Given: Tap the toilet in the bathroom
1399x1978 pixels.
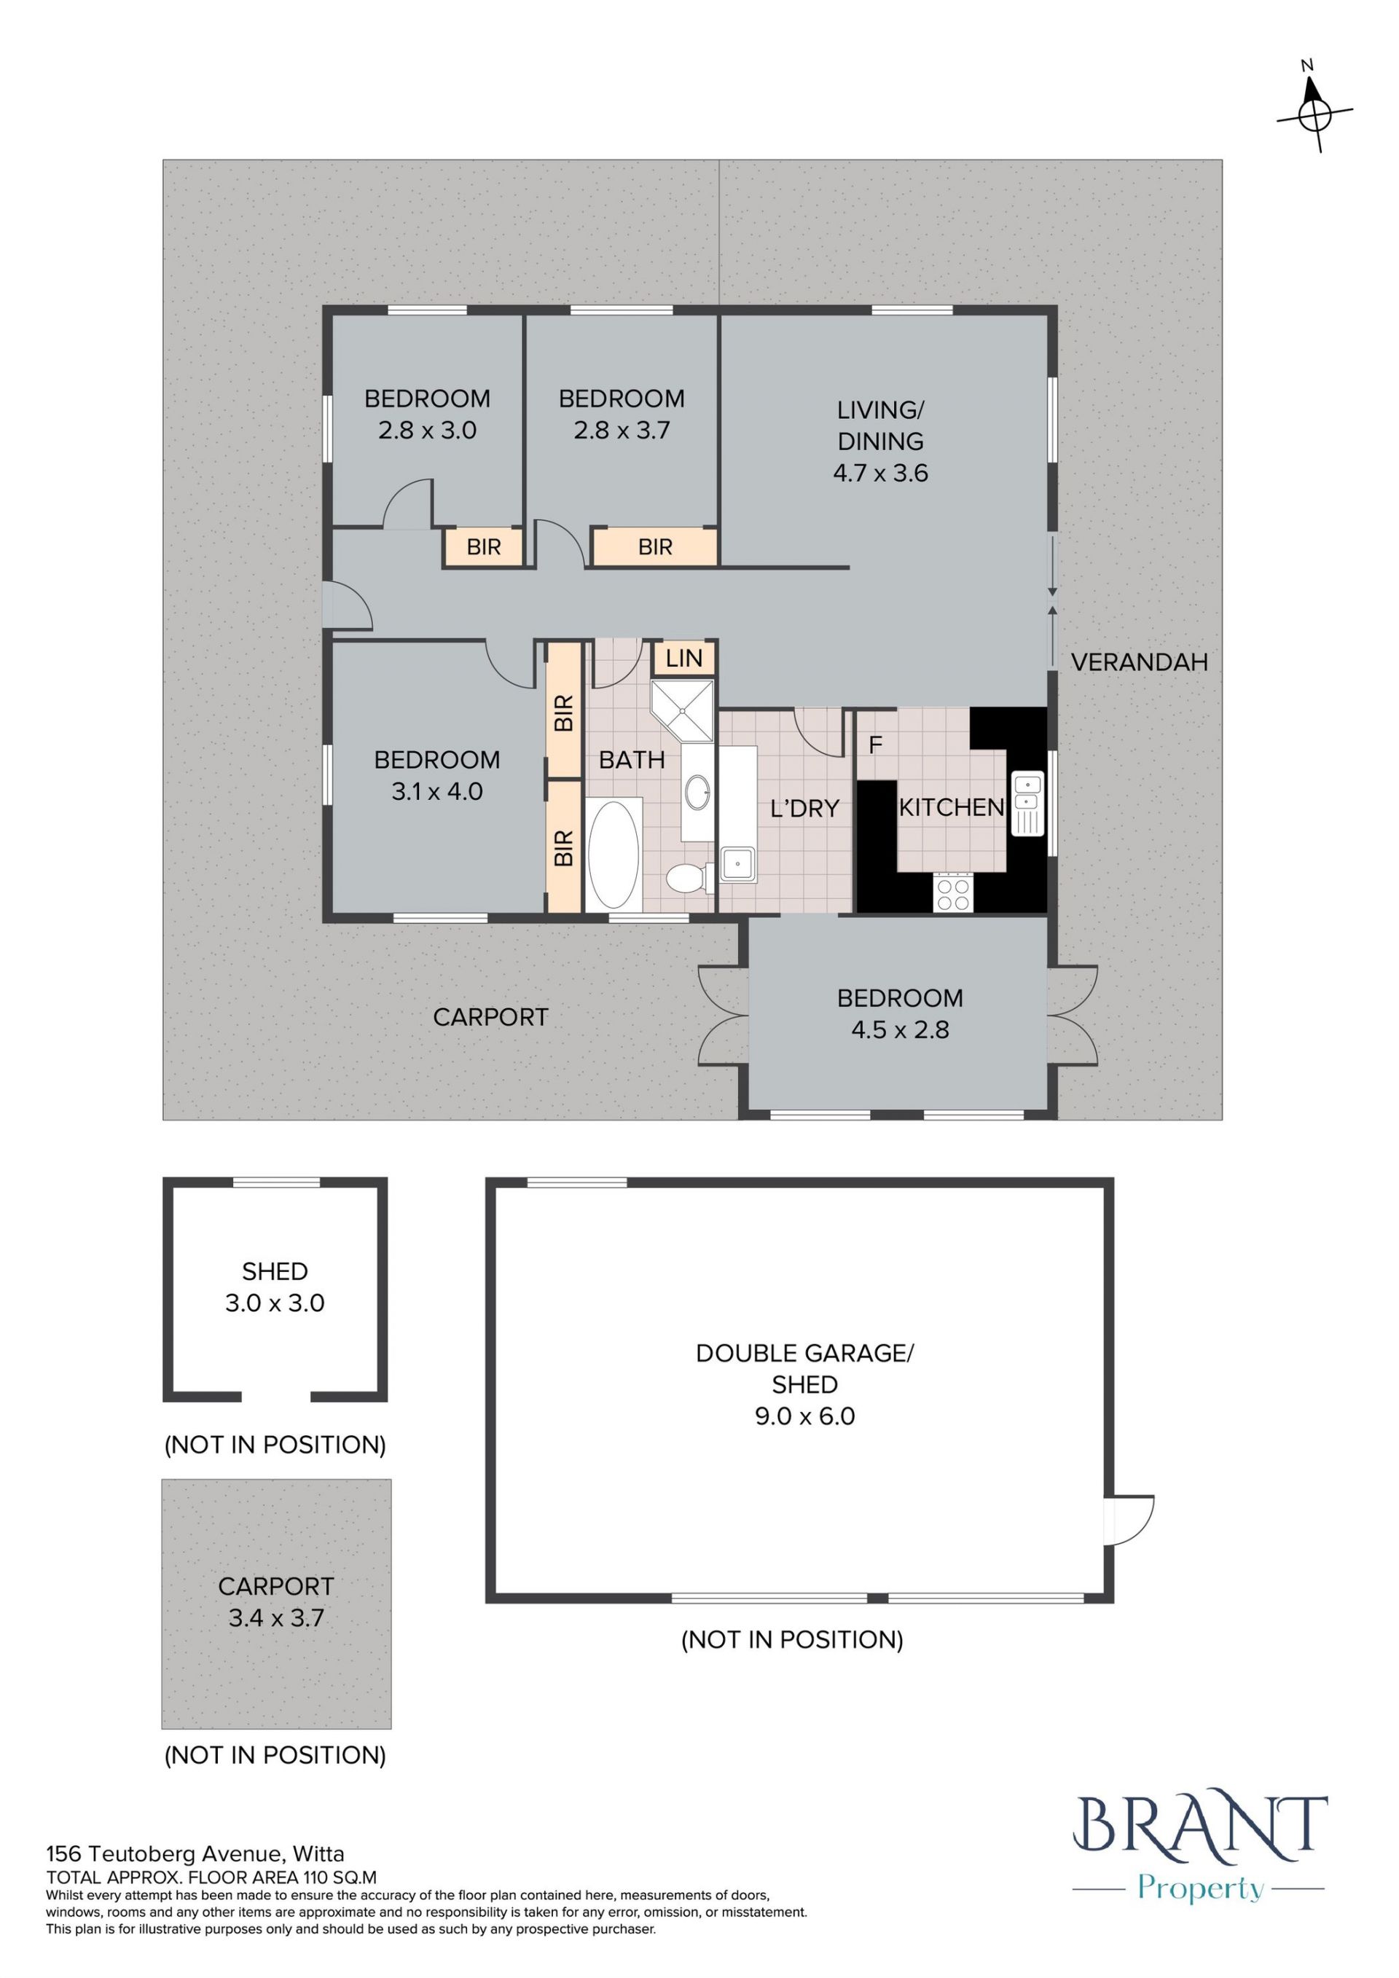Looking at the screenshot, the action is [x=686, y=878].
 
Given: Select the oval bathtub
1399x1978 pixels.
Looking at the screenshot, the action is [x=614, y=854].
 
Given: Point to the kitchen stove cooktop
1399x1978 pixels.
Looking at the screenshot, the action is [x=954, y=892].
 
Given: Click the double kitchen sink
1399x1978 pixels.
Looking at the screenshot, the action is [x=1027, y=803].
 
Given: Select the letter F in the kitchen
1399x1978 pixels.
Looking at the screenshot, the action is [x=875, y=745].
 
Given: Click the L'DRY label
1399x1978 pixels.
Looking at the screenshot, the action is [x=804, y=808].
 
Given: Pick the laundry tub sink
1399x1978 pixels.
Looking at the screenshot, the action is [x=739, y=864].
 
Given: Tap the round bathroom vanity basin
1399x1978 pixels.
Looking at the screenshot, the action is [x=697, y=789].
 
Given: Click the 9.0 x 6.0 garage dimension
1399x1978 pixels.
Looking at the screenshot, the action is [x=804, y=1416].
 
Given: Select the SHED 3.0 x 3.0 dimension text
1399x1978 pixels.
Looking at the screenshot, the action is [x=275, y=1303].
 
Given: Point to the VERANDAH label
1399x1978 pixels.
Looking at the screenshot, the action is [x=1139, y=662].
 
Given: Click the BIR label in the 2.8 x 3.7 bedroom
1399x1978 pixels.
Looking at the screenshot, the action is [x=655, y=547].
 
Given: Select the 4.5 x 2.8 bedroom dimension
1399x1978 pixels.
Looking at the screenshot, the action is [x=899, y=1030].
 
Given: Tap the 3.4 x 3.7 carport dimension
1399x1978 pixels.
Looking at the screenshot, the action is [x=277, y=1618].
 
